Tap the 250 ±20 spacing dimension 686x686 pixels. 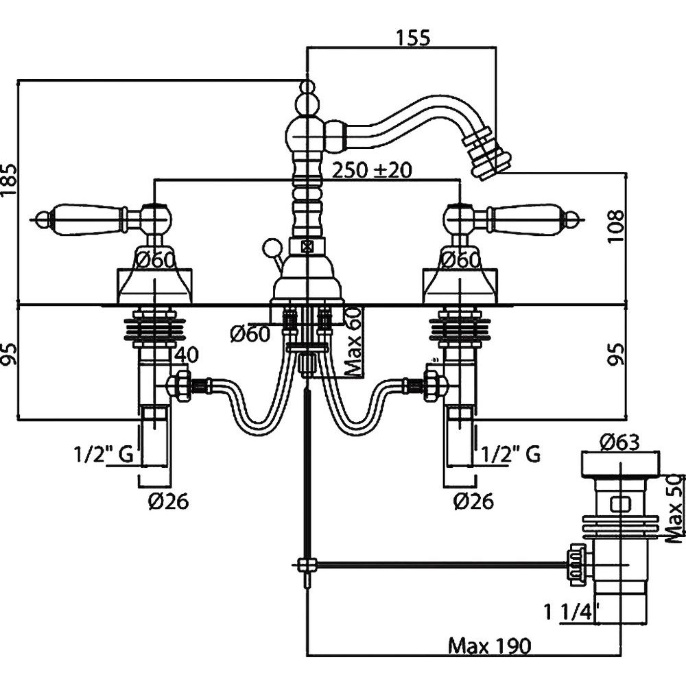[371, 170]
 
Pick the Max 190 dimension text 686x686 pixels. [489, 646]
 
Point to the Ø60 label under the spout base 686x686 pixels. [249, 334]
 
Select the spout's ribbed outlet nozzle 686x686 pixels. [493, 155]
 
